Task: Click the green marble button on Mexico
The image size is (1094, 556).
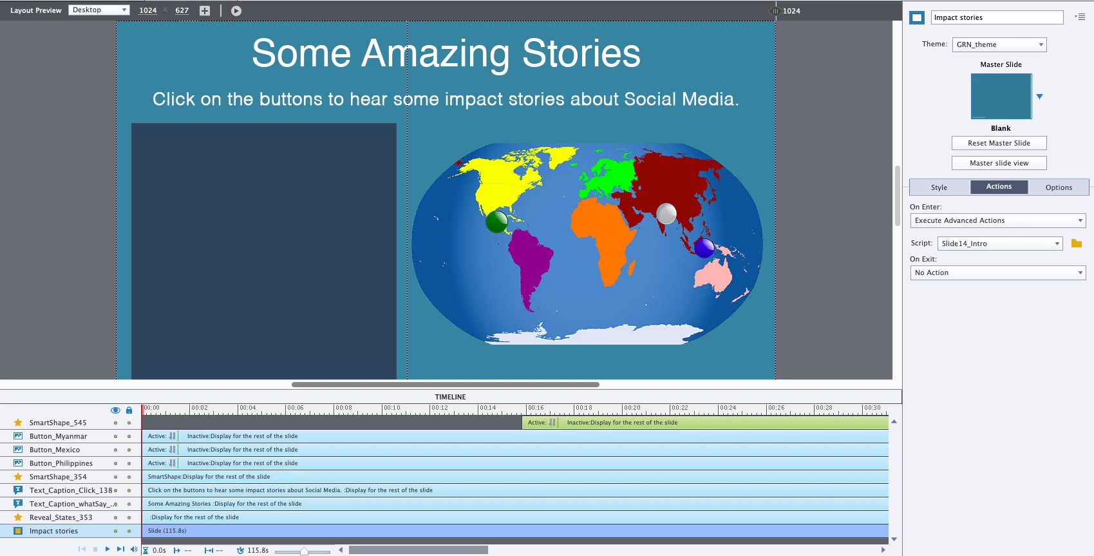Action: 496,222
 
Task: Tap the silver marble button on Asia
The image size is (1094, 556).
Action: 666,213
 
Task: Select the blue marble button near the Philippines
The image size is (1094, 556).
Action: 704,247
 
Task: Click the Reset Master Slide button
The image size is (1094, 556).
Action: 999,143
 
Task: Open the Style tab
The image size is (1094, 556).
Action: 939,187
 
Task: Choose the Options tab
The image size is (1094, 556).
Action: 1059,187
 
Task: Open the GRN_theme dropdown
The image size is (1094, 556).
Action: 999,44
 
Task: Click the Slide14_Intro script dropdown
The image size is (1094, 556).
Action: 999,244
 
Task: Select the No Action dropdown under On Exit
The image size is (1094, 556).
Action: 998,273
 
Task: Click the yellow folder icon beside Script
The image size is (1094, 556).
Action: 1077,244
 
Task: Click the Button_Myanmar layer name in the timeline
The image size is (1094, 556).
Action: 58,436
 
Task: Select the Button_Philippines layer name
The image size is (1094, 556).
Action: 61,463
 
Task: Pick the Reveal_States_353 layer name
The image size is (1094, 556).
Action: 61,517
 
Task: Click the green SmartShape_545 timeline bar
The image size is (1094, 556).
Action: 705,423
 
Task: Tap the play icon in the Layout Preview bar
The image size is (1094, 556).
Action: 236,11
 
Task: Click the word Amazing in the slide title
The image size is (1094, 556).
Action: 436,54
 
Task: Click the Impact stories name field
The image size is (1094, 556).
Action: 997,17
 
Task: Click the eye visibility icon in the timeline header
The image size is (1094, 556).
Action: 115,410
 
